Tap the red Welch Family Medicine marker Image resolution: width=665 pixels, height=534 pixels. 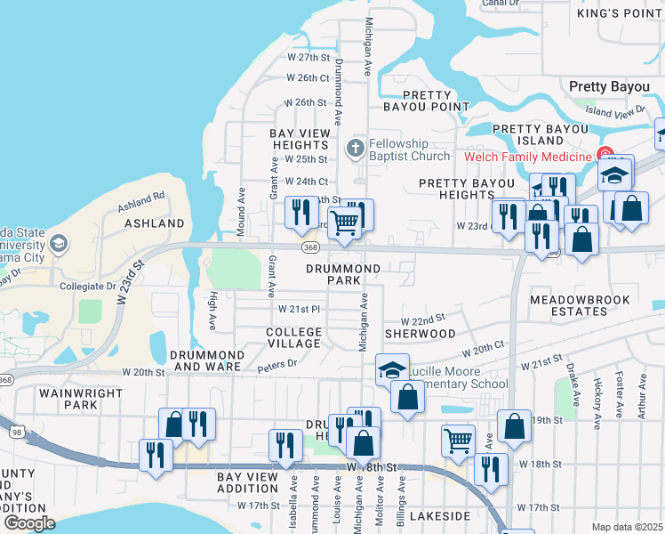coord(605,155)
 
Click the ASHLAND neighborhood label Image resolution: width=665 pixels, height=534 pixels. coord(153,223)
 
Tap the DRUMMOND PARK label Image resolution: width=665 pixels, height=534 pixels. coord(343,274)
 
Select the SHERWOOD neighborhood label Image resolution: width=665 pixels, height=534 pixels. coord(420,334)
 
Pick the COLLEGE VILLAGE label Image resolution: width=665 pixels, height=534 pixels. coord(293,337)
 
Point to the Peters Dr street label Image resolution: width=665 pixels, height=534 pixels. coord(276,364)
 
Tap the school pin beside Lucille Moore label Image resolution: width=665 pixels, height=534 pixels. coord(392,369)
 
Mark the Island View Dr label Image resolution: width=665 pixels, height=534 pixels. coord(615,111)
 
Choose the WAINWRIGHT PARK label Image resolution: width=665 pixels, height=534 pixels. coord(68,398)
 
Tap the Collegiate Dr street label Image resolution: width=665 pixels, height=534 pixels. coord(88,287)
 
